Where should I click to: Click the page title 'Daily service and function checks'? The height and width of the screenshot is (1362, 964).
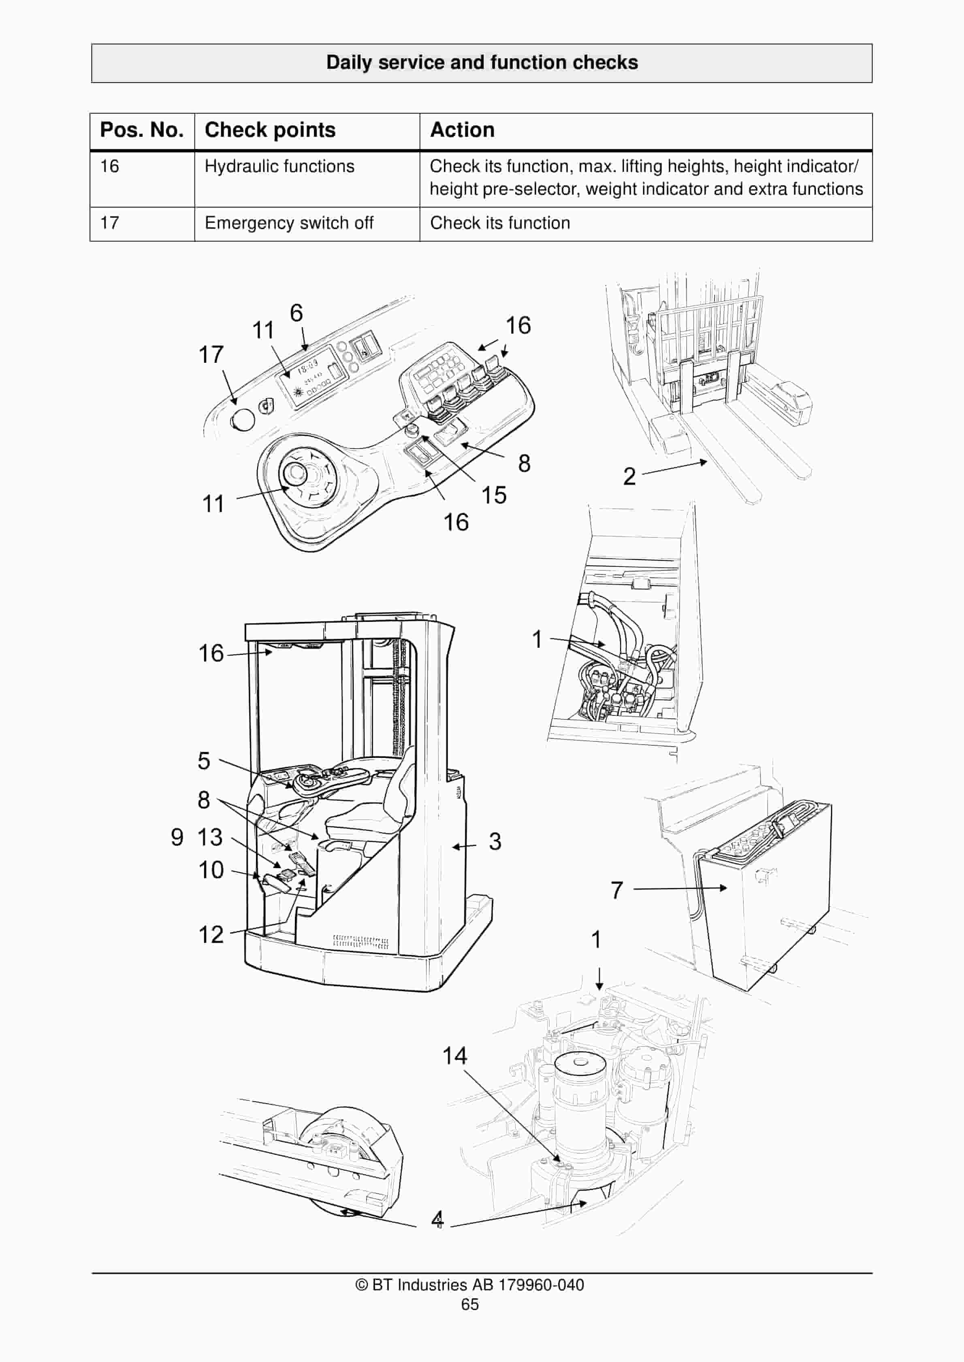[482, 63]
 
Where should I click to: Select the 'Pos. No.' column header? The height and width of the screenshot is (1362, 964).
[142, 130]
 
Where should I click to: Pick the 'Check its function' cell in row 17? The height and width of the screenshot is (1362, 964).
[500, 223]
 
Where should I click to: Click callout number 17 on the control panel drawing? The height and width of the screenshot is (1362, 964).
[211, 355]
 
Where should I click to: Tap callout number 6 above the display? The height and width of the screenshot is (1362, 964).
[296, 313]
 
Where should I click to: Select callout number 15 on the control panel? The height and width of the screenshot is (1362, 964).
[493, 495]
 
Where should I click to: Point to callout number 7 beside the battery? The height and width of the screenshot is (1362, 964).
[617, 890]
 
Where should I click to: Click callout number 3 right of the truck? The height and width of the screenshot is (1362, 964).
[495, 841]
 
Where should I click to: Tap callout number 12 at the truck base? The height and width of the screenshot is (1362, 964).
[211, 935]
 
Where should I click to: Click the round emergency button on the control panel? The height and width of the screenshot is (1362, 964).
[242, 419]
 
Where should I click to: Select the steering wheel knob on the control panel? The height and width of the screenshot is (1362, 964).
[293, 473]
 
